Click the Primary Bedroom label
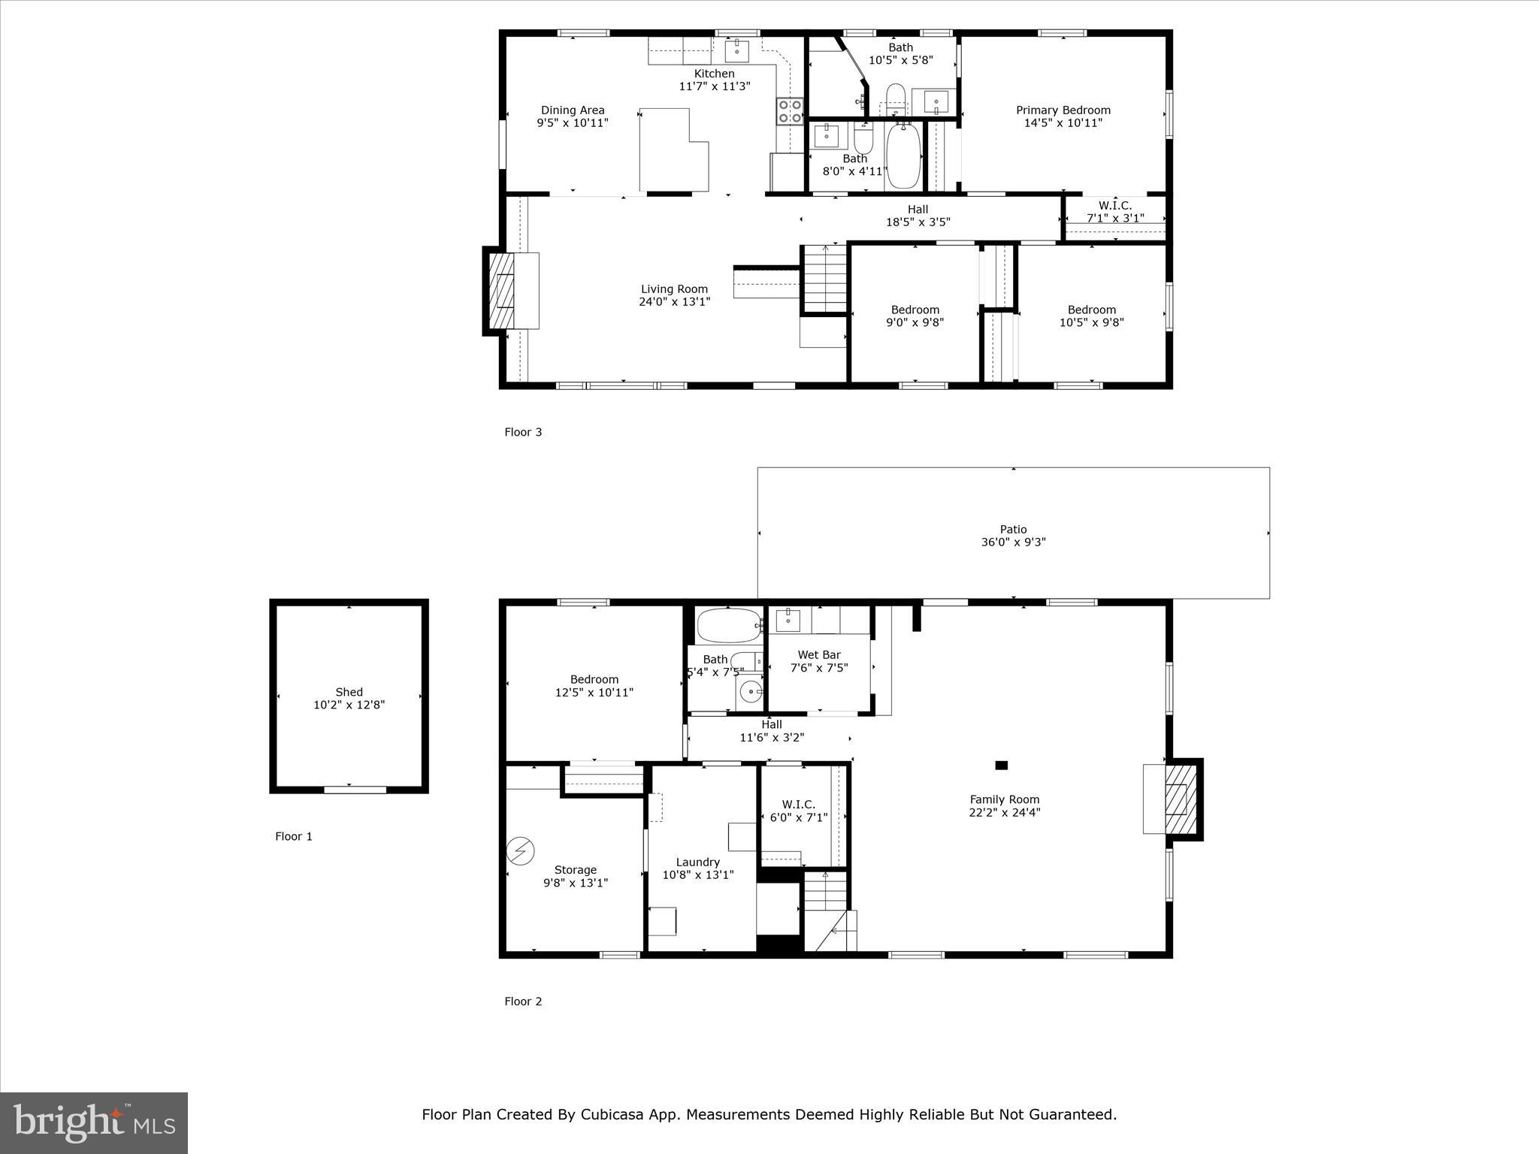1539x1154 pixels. click(x=1063, y=110)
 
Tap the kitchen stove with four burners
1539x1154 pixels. click(x=790, y=112)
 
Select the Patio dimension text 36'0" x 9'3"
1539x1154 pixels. click(x=1013, y=542)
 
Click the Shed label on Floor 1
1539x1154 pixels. click(x=349, y=692)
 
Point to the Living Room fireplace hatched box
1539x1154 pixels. click(x=502, y=291)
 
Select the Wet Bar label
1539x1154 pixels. click(x=819, y=655)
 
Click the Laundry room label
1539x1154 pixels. click(x=697, y=862)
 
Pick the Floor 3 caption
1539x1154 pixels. click(x=523, y=432)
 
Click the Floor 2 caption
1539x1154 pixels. click(x=523, y=1001)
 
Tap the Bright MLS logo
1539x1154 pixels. click(x=94, y=1123)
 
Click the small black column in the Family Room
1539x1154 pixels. click(x=1001, y=766)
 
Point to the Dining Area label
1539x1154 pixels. click(x=573, y=110)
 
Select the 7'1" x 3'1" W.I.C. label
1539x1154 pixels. click(x=1115, y=218)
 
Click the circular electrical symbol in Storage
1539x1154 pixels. click(x=520, y=850)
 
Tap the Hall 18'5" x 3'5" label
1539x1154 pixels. click(x=918, y=216)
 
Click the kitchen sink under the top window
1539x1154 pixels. click(x=736, y=50)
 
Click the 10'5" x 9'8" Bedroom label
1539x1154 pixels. click(x=1091, y=316)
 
